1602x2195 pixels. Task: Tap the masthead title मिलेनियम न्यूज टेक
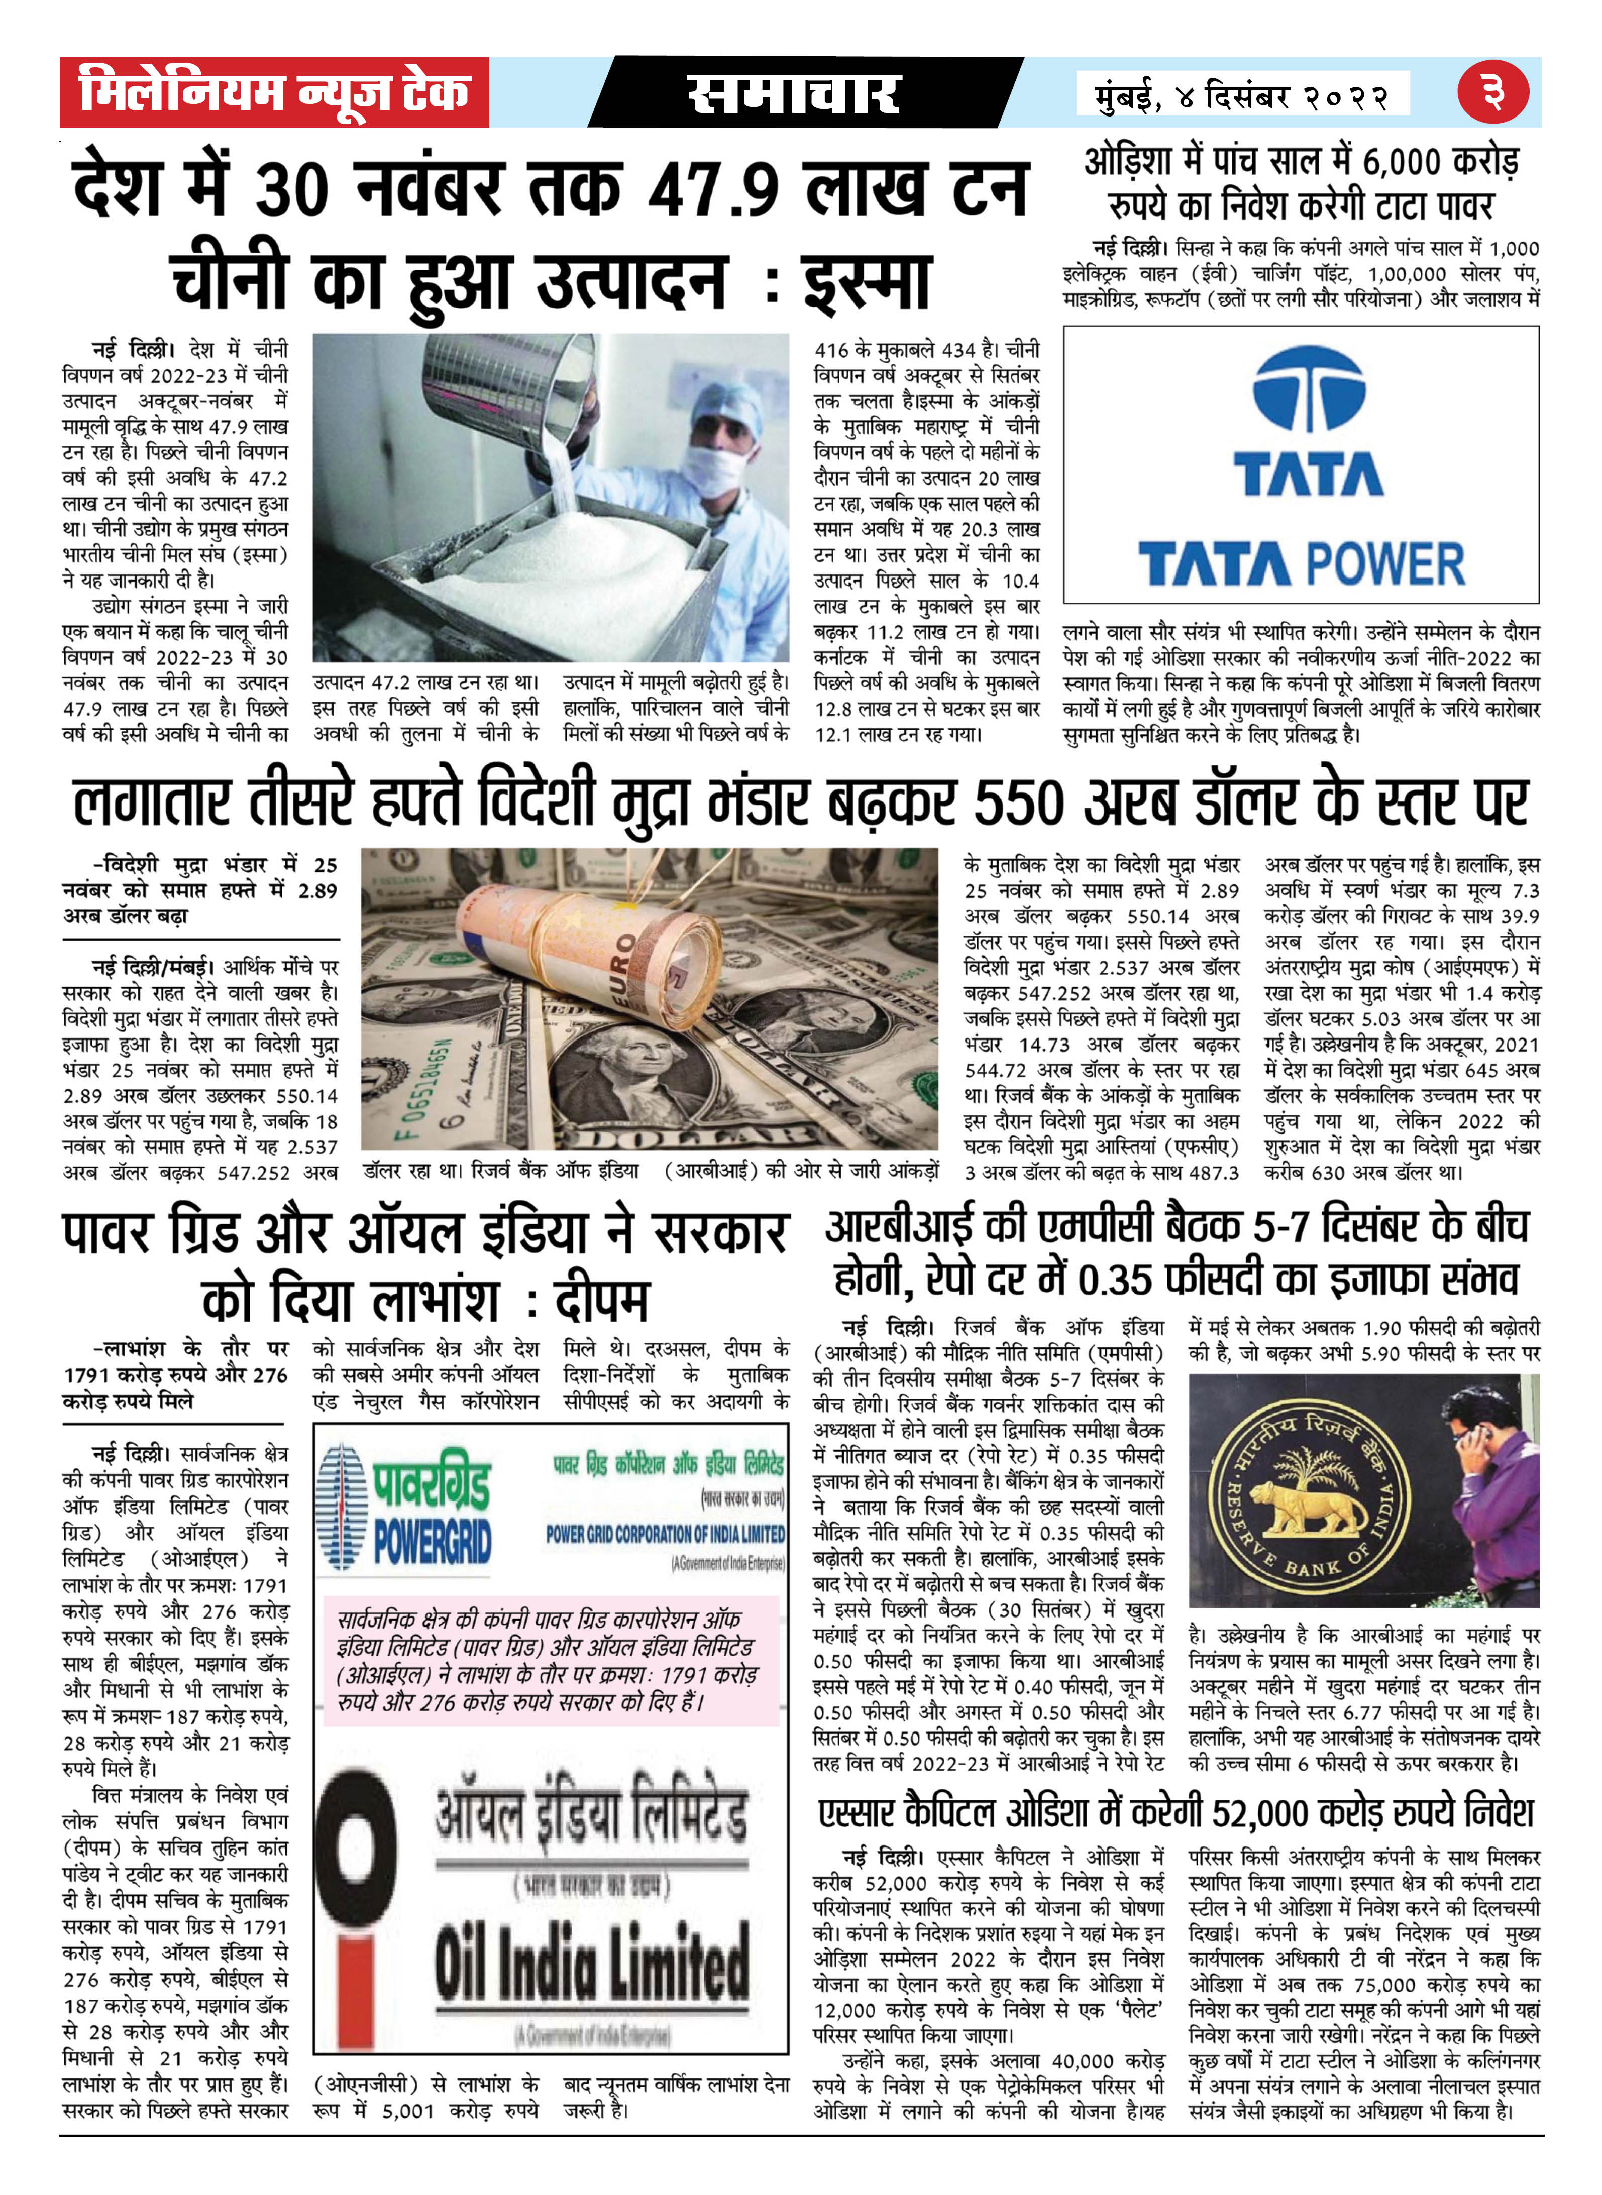pos(274,92)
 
